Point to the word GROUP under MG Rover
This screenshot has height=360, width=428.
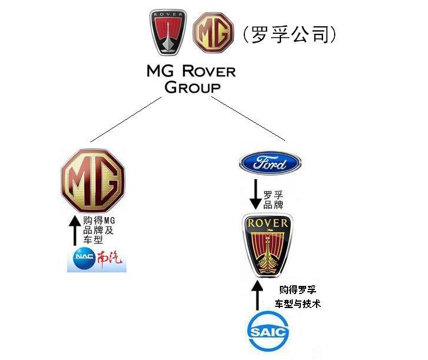pos(192,88)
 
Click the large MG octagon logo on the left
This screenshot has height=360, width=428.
pos(93,181)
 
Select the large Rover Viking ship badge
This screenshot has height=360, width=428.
pos(268,243)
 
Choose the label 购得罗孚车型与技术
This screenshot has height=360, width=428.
pos(298,296)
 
